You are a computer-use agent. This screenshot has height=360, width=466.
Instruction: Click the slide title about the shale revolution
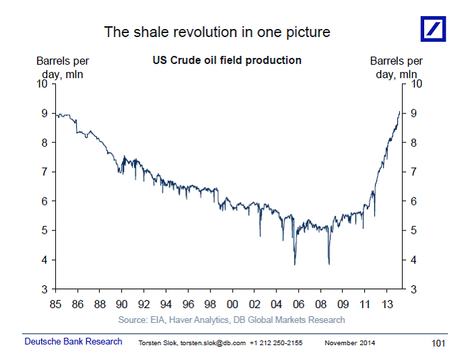click(216, 32)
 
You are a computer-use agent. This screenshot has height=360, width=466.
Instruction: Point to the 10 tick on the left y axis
click(42, 84)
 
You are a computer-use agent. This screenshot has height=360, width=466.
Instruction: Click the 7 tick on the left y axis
click(43, 172)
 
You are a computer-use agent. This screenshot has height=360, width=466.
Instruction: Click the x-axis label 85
click(56, 304)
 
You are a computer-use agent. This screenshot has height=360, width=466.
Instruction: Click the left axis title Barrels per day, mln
click(62, 67)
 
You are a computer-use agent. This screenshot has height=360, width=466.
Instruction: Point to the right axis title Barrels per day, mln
click(397, 67)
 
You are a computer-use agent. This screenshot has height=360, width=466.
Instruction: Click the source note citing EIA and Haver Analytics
click(231, 320)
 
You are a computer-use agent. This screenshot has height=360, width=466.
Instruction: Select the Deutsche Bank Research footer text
click(74, 342)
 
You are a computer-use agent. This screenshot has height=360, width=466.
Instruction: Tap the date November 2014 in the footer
click(349, 343)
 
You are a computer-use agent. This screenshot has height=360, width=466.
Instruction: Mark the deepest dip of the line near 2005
click(295, 264)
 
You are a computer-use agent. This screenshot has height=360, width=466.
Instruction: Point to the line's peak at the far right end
click(399, 112)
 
